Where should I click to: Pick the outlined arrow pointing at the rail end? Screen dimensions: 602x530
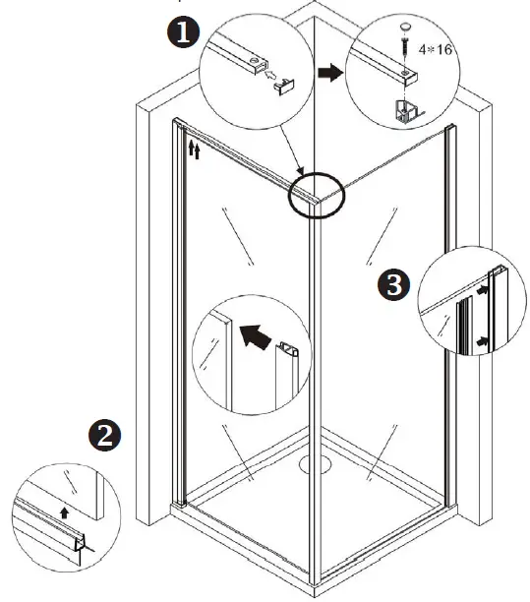(x=267, y=77)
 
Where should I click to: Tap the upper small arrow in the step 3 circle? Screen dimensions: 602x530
(x=482, y=290)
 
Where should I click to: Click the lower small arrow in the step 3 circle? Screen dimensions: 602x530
(x=482, y=339)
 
